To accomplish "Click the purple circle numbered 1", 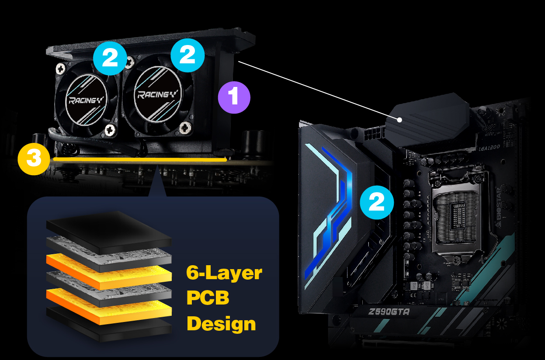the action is coord(234,97).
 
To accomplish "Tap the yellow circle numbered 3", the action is coord(34,159).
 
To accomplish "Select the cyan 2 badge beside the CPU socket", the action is coord(377,202).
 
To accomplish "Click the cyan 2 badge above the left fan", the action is coord(110,58).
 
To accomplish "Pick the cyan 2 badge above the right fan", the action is coord(187,55).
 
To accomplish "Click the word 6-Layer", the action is coord(224,273).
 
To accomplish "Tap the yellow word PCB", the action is coord(208,298).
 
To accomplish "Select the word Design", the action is coord(221,324).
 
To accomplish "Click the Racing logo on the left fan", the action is coord(86,100).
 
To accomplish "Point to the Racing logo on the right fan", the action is coord(158,94).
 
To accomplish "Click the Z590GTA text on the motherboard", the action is coord(389,312).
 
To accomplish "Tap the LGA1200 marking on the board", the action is coord(489,148).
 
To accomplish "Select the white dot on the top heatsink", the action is coord(399,120).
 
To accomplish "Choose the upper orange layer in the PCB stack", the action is coord(109,271).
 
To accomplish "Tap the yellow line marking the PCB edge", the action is coord(140,159).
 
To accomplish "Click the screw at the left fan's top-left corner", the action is coord(60,69).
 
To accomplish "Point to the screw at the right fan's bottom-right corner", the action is coord(185,128).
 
